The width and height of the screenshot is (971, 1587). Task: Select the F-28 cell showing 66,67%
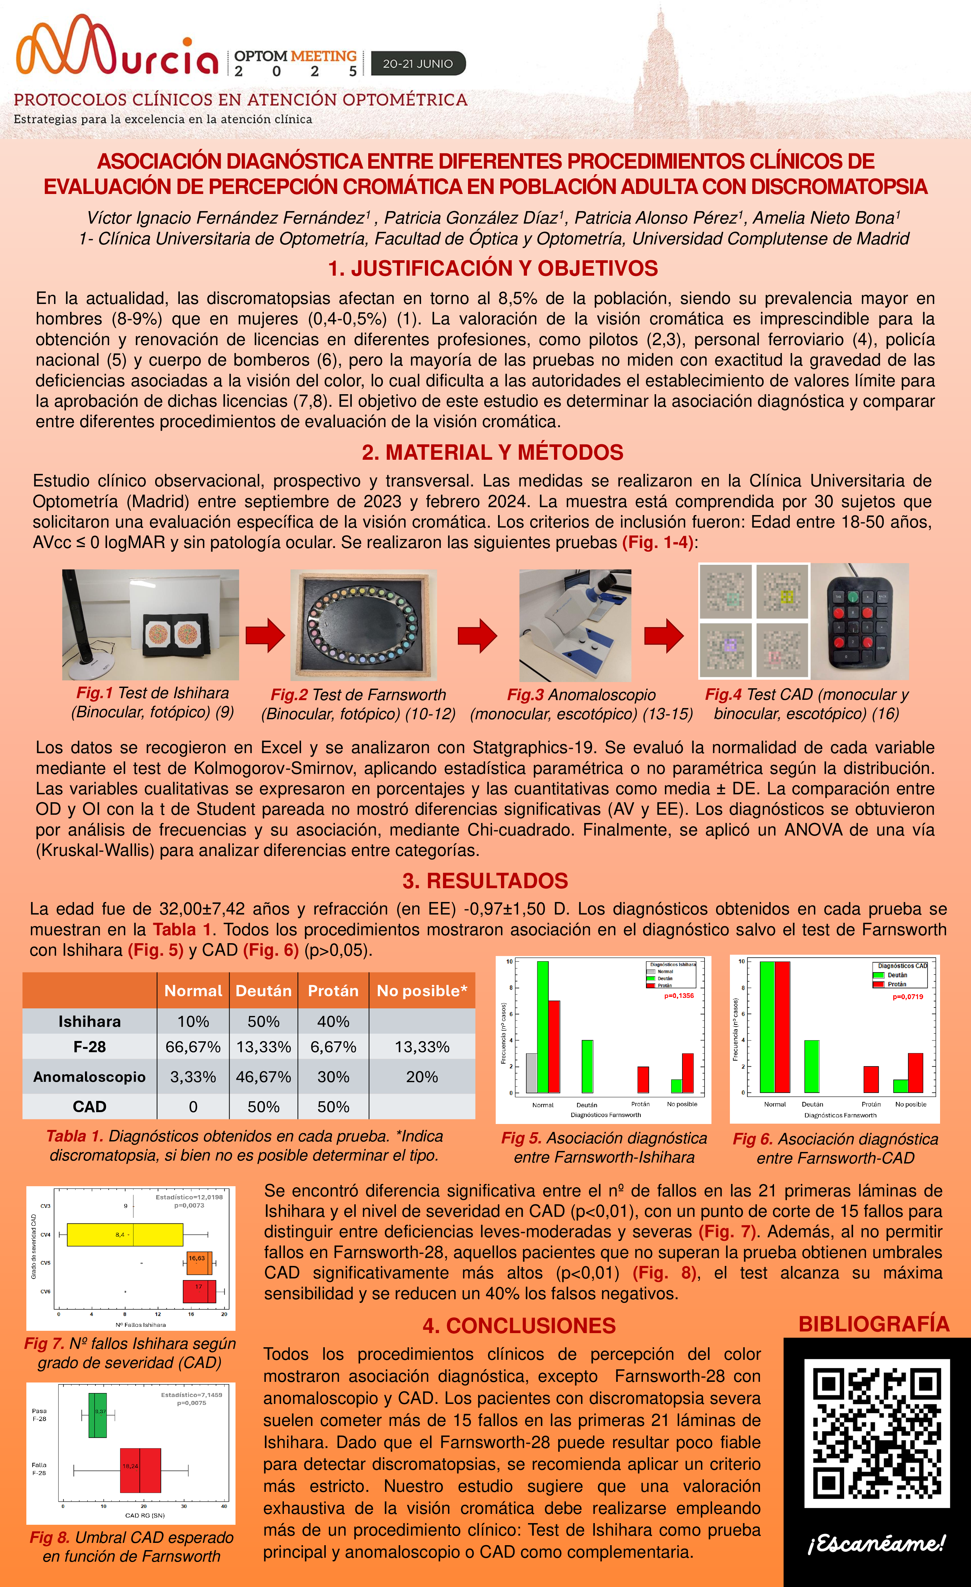pos(193,1047)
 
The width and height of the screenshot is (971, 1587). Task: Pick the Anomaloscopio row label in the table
pos(90,1077)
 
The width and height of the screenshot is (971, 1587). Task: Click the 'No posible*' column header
pos(422,991)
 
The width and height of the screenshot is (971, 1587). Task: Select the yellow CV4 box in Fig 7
pos(125,1235)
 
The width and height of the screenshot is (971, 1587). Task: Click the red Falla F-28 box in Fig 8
pos(140,1470)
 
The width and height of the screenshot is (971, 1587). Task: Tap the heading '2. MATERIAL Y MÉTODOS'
pos(492,452)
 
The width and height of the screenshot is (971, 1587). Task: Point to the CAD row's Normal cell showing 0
pos(193,1107)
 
